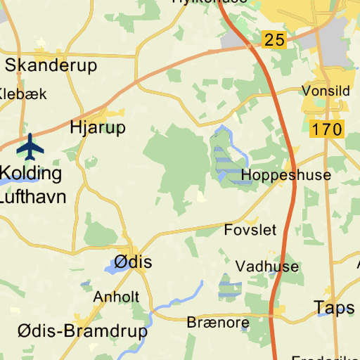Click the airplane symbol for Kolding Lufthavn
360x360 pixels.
click(x=30, y=146)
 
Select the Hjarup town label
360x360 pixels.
click(x=98, y=127)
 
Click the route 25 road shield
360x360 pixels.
click(x=275, y=40)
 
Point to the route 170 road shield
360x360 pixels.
click(x=326, y=129)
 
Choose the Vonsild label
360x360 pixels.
click(x=326, y=91)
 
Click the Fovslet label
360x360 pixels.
click(x=250, y=230)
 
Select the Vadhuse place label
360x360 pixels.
click(x=267, y=266)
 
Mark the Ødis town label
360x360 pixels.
click(x=133, y=262)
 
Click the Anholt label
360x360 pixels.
click(x=116, y=296)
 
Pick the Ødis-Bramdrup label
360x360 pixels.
click(x=83, y=330)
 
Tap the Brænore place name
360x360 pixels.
click(x=218, y=323)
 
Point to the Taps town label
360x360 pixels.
click(x=335, y=307)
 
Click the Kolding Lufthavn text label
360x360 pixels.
click(x=31, y=184)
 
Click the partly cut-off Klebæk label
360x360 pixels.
click(x=22, y=94)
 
